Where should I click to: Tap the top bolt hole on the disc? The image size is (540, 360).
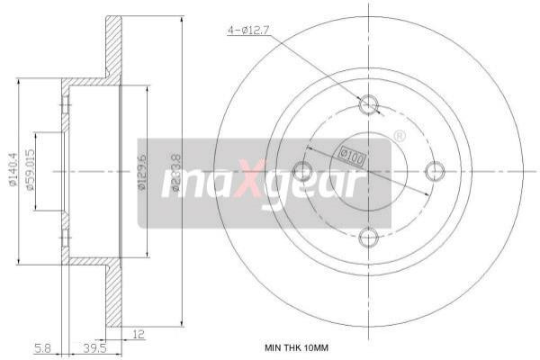click(x=369, y=104)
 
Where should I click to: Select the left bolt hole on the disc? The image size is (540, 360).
click(x=303, y=171)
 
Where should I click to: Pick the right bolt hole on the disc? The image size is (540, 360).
click(x=435, y=171)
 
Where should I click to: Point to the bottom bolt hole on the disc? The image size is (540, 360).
click(x=369, y=237)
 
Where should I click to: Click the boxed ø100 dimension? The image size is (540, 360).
click(x=353, y=157)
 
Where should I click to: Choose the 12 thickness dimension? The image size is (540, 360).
click(x=137, y=334)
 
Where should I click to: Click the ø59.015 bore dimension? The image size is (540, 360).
click(x=31, y=171)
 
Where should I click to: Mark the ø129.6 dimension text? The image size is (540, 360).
click(x=141, y=171)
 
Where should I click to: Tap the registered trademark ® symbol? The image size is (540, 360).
click(x=400, y=136)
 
